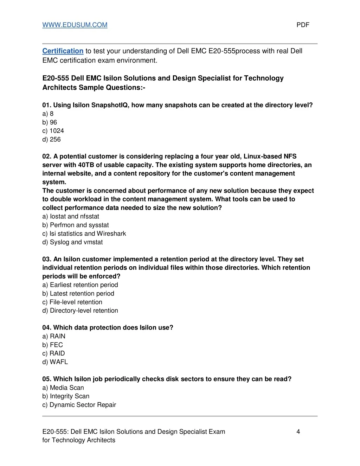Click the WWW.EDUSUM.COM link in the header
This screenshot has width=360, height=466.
(x=75, y=25)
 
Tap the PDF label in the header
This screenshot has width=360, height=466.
(x=303, y=25)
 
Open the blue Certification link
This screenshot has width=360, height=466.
(x=63, y=51)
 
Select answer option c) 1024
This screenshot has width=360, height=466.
(x=53, y=131)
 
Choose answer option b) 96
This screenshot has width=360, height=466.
(x=50, y=122)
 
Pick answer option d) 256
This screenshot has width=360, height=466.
(x=51, y=139)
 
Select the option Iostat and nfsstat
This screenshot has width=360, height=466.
(x=71, y=216)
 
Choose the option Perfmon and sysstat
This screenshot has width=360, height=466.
(x=76, y=225)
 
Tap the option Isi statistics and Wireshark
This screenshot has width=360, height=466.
(x=84, y=234)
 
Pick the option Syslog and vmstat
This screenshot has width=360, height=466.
(x=72, y=242)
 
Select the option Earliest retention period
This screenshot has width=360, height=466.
(x=80, y=285)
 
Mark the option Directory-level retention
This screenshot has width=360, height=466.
(x=80, y=311)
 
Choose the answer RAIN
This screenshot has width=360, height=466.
(x=54, y=336)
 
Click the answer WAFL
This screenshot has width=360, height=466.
(x=55, y=362)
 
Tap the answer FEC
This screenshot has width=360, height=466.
(x=53, y=345)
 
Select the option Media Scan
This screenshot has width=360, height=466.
(x=63, y=388)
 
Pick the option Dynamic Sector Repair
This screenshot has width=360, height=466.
(x=79, y=405)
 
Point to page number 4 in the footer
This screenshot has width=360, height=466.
(x=298, y=432)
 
